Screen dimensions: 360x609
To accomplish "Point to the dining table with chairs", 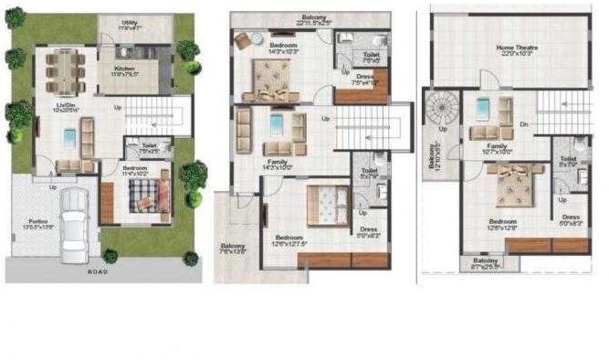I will [x=65, y=70].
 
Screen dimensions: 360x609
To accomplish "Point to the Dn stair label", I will [x=524, y=123].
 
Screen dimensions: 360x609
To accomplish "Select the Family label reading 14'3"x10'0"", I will [x=276, y=164].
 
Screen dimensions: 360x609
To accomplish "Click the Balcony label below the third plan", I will [x=485, y=263].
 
